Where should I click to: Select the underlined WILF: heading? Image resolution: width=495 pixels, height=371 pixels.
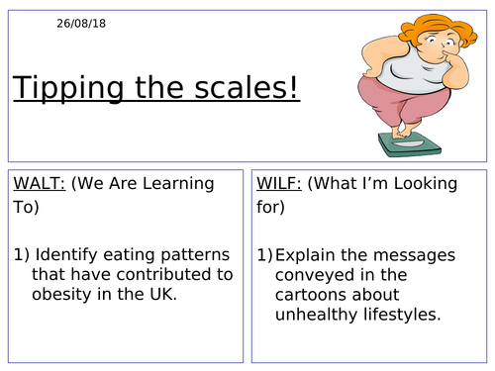(x=283, y=183)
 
